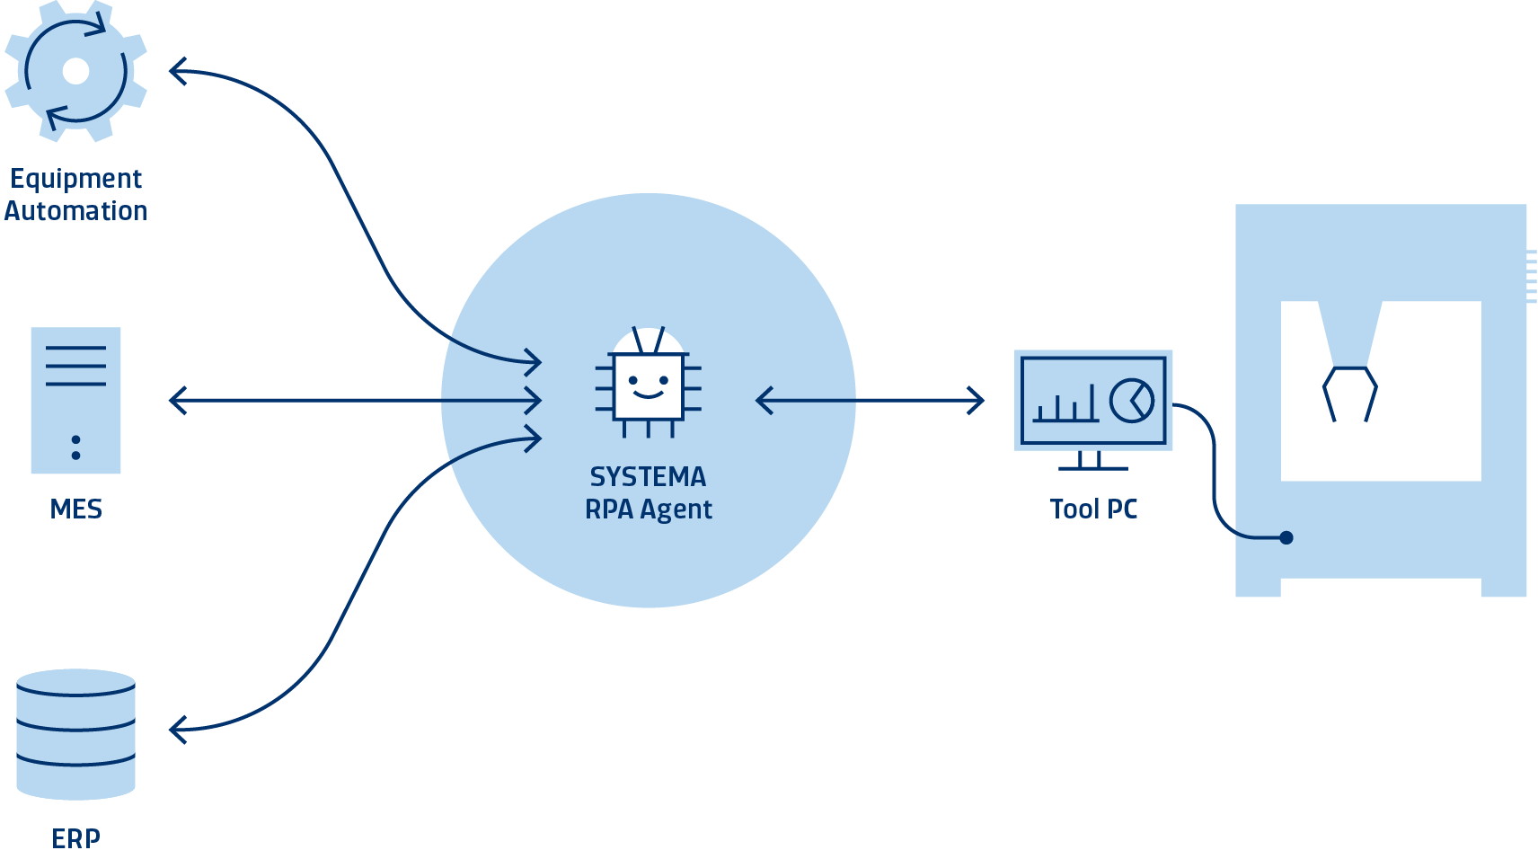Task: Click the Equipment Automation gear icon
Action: coord(75,71)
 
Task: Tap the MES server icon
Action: coord(75,400)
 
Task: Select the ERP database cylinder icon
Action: coord(75,733)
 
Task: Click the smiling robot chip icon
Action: coord(648,385)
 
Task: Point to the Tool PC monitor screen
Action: coord(1093,400)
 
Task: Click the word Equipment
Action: coord(75,179)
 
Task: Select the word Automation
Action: coord(75,211)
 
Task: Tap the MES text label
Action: coord(75,509)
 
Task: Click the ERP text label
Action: coord(75,838)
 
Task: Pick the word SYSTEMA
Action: coord(648,476)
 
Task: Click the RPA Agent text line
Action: coord(648,509)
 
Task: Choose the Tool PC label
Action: coord(1093,509)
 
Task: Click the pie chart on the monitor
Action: coord(1131,400)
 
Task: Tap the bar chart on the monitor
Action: coord(1065,405)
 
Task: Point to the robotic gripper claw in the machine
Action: coord(1349,392)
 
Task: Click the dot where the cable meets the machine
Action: coord(1286,537)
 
